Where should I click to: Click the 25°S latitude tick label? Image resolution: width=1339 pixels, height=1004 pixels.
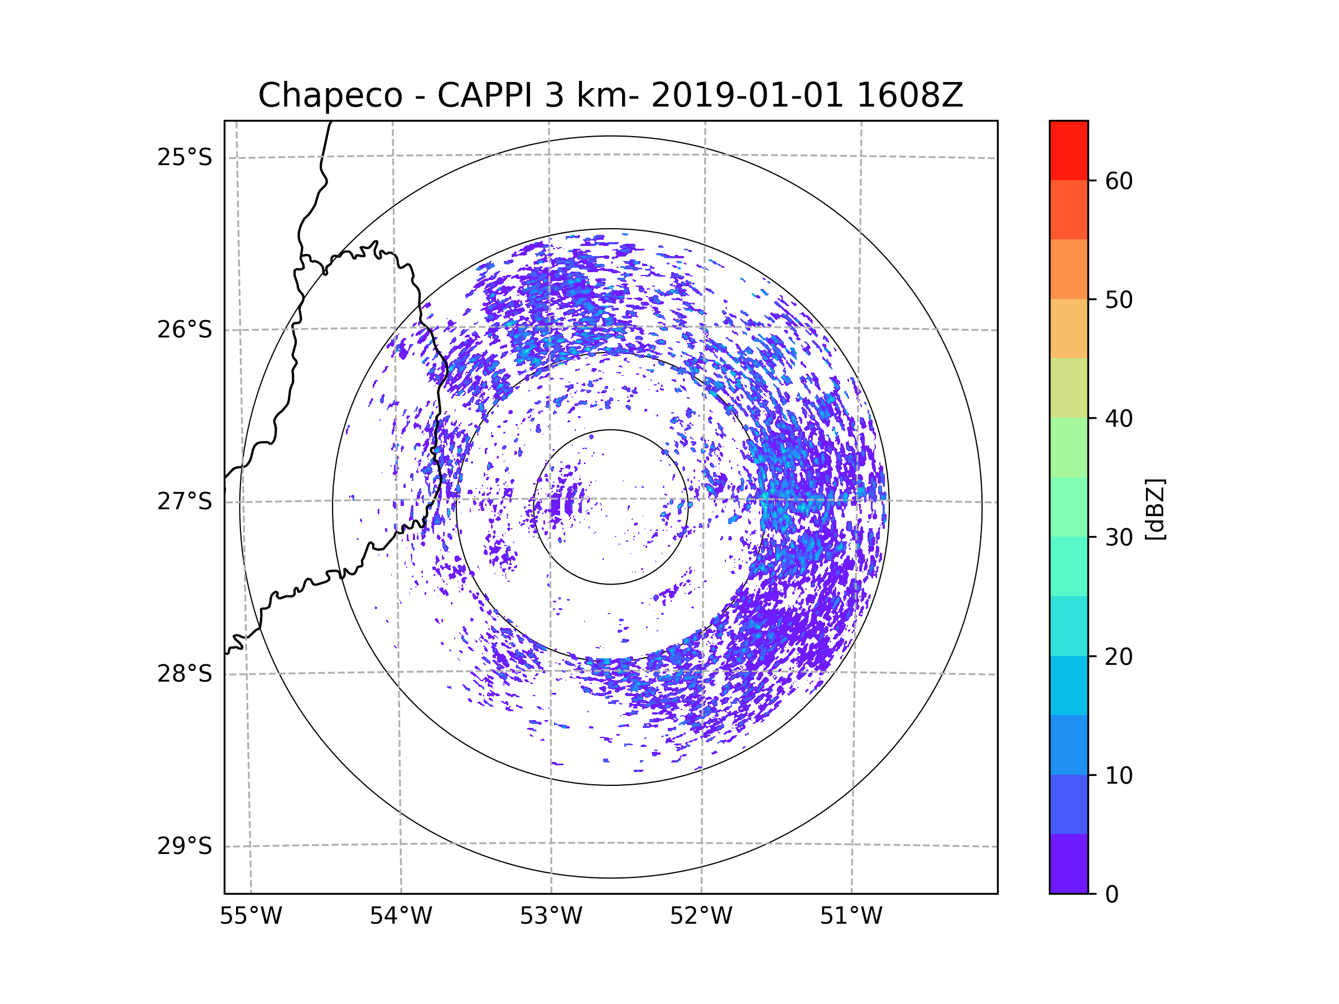(185, 157)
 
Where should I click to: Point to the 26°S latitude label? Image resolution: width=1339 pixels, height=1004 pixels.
(185, 330)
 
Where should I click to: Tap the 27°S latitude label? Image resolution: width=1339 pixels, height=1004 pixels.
(185, 501)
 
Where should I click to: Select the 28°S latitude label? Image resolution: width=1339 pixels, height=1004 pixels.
(185, 674)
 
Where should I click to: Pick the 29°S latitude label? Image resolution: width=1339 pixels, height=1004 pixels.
(185, 846)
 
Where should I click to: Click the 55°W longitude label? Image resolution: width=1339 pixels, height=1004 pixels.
(251, 916)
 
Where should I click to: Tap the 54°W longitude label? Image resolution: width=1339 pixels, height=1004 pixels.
(401, 916)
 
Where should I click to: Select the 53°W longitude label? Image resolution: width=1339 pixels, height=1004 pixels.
(551, 916)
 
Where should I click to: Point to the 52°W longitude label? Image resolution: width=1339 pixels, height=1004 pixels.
(701, 916)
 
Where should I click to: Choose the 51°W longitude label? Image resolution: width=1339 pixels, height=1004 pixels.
(851, 916)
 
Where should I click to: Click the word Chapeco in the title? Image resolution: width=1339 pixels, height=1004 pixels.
(330, 95)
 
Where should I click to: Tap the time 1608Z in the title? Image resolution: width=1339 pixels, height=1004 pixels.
(909, 95)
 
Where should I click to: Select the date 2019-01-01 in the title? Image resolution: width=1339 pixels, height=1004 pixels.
(747, 95)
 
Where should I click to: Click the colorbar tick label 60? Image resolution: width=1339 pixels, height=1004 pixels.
(1119, 181)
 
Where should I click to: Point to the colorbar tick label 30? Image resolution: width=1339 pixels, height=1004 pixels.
(1119, 537)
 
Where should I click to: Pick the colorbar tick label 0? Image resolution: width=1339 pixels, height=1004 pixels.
(1112, 895)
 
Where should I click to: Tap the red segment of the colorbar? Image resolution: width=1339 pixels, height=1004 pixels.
(1068, 150)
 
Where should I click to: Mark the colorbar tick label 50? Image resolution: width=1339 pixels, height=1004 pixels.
(1119, 300)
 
